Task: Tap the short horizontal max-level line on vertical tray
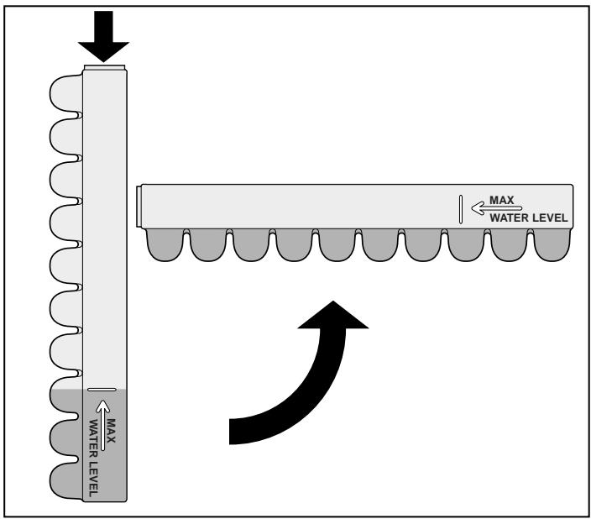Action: click(102, 390)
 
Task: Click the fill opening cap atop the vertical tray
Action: click(106, 66)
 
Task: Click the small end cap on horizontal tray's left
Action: click(139, 206)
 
